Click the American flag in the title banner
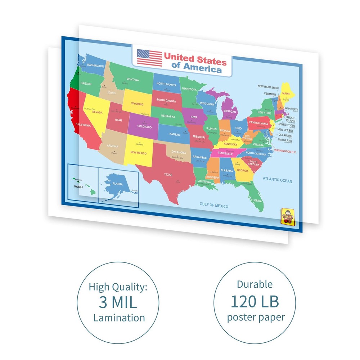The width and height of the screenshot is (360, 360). click(x=149, y=58)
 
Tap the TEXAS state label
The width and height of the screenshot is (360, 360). click(x=168, y=175)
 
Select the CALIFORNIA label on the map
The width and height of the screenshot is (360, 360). click(x=83, y=125)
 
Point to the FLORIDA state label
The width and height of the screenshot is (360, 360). click(x=257, y=200)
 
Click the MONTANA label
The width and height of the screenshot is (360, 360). click(x=132, y=80)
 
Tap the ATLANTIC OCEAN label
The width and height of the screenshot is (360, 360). click(x=277, y=181)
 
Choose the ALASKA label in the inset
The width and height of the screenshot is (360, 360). click(x=118, y=184)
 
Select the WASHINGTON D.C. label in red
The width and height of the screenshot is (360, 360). click(x=285, y=152)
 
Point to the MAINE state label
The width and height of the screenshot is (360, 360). click(x=286, y=94)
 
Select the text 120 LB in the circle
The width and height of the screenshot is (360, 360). click(x=255, y=302)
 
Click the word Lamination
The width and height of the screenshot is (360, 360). click(x=119, y=318)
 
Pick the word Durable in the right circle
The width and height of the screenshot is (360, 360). click(x=255, y=284)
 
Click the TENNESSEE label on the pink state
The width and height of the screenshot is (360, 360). click(x=225, y=153)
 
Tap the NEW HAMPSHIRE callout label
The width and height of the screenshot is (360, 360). click(x=268, y=87)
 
